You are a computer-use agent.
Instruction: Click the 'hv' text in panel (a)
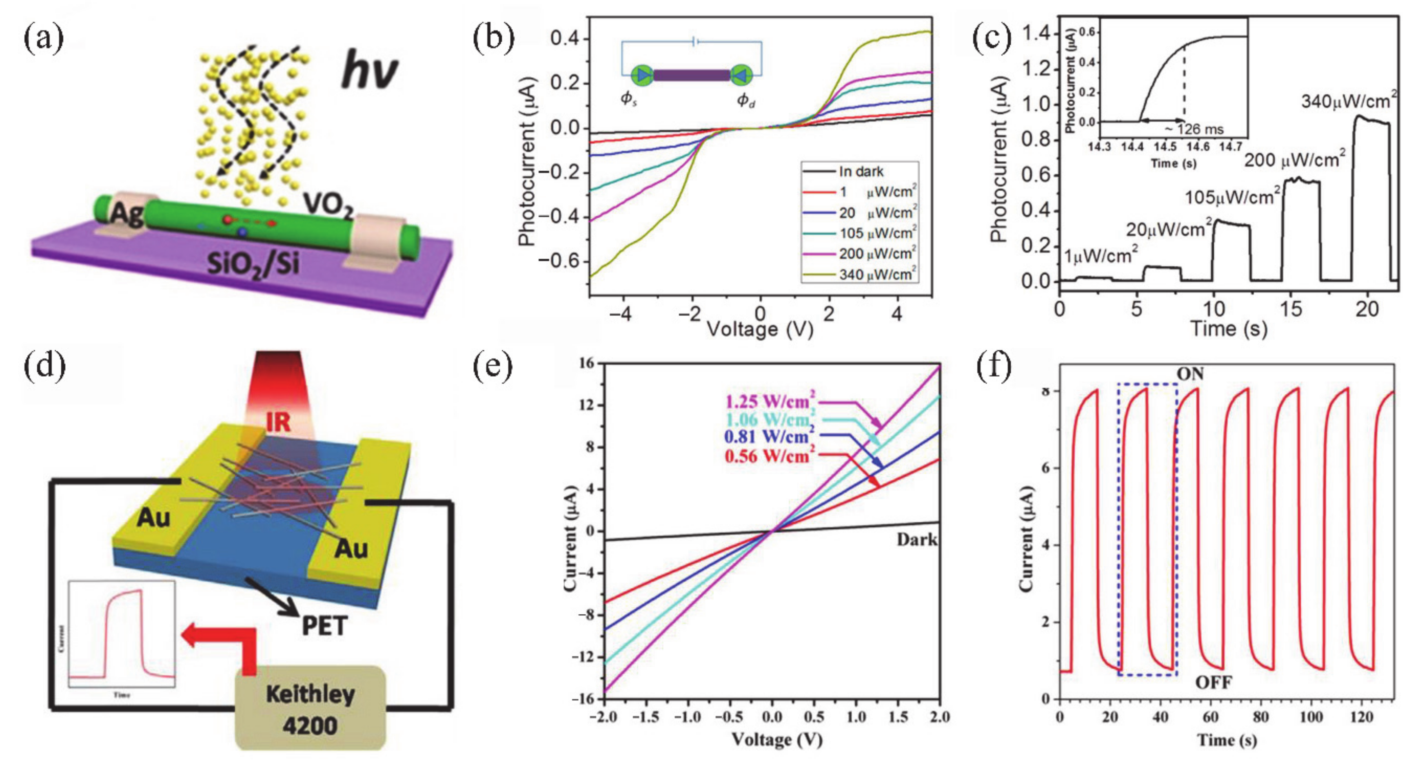pyautogui.click(x=368, y=72)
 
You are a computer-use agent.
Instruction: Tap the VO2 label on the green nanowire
pyautogui.click(x=328, y=206)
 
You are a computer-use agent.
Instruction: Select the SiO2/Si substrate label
pyautogui.click(x=253, y=263)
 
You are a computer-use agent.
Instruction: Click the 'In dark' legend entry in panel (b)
pyautogui.click(x=861, y=172)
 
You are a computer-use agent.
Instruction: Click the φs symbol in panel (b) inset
pyautogui.click(x=628, y=99)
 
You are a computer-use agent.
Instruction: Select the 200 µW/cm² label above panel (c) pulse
pyautogui.click(x=1294, y=159)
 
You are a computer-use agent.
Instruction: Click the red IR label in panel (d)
pyautogui.click(x=278, y=423)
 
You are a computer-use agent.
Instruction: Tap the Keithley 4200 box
pyautogui.click(x=311, y=709)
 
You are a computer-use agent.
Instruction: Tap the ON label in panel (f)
pyautogui.click(x=1190, y=374)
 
